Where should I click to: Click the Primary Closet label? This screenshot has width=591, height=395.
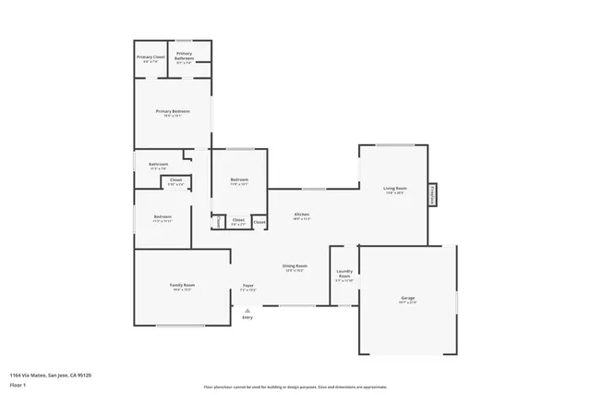pyautogui.click(x=151, y=57)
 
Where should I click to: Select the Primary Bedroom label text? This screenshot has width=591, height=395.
pyautogui.click(x=173, y=111)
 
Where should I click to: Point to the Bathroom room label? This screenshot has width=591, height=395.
pyautogui.click(x=158, y=165)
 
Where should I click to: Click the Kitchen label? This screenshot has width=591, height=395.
pyautogui.click(x=301, y=214)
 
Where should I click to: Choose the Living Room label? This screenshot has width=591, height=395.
pyautogui.click(x=395, y=189)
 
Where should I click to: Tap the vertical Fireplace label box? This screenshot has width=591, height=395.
pyautogui.click(x=432, y=195)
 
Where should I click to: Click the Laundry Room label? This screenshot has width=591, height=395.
pyautogui.click(x=344, y=275)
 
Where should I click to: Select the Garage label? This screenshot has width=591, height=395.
pyautogui.click(x=407, y=298)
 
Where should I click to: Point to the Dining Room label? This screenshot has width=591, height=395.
pyautogui.click(x=295, y=266)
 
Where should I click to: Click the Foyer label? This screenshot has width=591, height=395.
pyautogui.click(x=247, y=286)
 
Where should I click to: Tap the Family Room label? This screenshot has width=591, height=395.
pyautogui.click(x=182, y=285)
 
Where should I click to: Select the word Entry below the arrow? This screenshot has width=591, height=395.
pyautogui.click(x=247, y=317)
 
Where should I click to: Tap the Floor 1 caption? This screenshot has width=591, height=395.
pyautogui.click(x=18, y=384)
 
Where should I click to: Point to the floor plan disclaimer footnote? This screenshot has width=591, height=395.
pyautogui.click(x=295, y=387)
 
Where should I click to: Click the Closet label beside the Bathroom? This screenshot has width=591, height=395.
pyautogui.click(x=175, y=180)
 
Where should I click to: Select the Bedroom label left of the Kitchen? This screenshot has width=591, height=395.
pyautogui.click(x=239, y=179)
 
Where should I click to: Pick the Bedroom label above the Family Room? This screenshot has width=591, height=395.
pyautogui.click(x=163, y=218)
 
